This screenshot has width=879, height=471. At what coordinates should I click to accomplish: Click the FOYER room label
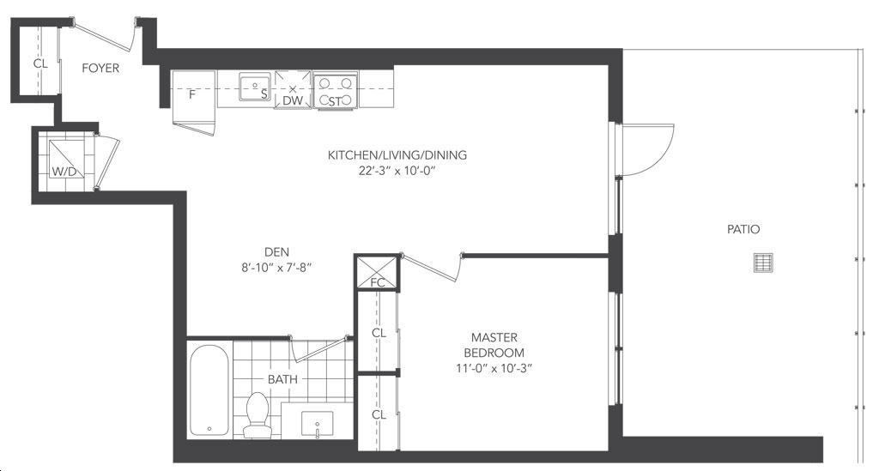point(100,68)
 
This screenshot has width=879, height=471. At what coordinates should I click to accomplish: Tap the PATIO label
point(743,229)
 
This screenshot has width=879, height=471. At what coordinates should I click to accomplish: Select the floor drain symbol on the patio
point(763,263)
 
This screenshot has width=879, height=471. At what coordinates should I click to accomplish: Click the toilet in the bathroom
point(258,415)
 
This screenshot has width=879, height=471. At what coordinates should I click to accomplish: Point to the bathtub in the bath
point(209,390)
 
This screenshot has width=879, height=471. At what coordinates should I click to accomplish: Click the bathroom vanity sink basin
point(318,424)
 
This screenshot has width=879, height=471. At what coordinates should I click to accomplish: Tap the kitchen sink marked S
point(255,87)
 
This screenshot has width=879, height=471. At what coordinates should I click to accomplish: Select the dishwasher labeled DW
point(293,89)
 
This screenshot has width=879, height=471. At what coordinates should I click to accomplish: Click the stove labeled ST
point(336,90)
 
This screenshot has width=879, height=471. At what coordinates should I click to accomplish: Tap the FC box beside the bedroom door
point(378,273)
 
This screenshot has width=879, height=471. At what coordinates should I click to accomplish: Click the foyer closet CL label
point(40,63)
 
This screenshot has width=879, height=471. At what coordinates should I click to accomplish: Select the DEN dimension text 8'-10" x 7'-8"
point(276,268)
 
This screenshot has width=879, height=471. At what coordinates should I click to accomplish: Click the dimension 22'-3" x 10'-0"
point(397,171)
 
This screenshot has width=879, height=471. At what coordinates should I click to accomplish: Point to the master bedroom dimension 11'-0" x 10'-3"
point(494,369)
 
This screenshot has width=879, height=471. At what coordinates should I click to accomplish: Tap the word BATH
point(282,379)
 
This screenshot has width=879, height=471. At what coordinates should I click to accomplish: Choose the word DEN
point(277,252)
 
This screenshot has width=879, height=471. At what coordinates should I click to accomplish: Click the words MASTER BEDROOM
point(494,345)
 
